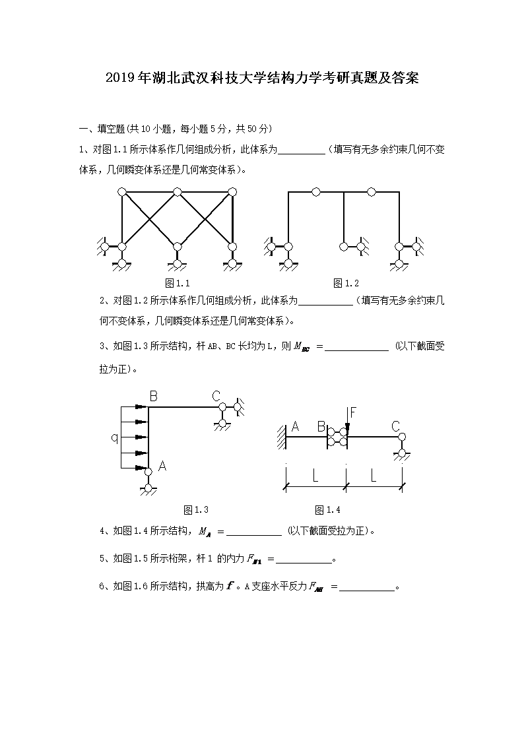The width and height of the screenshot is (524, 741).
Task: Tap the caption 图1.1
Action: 178,283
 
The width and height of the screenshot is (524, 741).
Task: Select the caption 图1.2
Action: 346,283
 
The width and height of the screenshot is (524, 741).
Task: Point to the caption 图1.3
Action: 196,509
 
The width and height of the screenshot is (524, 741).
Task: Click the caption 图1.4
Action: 327,509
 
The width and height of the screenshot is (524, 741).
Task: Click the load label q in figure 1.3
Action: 114,437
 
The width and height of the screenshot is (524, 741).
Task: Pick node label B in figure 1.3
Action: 153,397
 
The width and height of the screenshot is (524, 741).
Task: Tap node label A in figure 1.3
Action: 162,467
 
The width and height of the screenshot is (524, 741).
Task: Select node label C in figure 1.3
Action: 216,396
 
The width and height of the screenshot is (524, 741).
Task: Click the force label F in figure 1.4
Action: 353,413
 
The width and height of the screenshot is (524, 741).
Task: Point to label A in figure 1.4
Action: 295,427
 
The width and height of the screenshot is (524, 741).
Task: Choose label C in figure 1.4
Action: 396,426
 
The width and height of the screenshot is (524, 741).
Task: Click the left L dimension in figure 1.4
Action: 315,476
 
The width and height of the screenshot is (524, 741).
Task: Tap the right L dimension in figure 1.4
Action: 374,476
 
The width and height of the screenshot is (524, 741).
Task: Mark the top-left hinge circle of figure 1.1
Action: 121,192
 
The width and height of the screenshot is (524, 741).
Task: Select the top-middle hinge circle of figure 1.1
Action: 177,192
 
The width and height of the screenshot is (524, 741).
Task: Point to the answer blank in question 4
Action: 254,533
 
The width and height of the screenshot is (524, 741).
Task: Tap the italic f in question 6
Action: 230,585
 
